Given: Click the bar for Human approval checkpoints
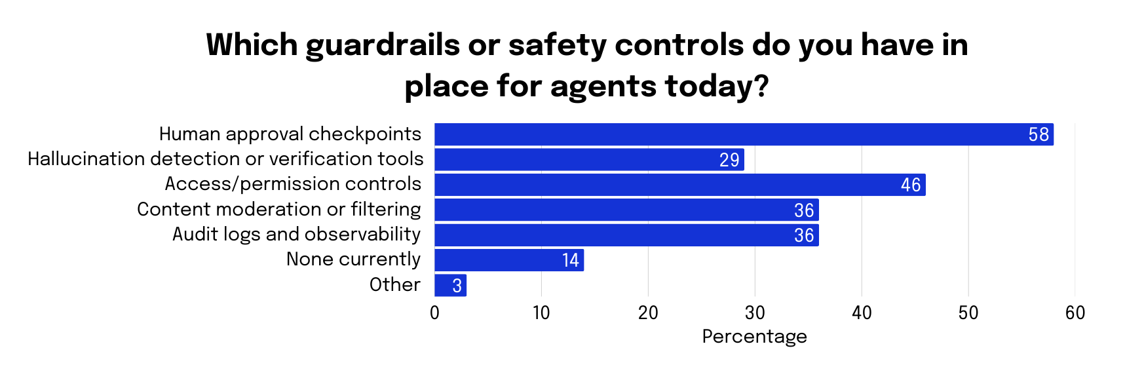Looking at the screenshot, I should (744, 134).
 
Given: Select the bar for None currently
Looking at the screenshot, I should (509, 260).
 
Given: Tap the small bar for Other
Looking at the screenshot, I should (450, 286).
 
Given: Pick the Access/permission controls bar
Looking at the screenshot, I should (679, 185).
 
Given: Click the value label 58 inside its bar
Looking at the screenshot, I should (1039, 135).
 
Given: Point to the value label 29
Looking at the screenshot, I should (729, 160).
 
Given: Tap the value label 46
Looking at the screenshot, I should (911, 185).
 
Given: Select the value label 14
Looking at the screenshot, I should (570, 261).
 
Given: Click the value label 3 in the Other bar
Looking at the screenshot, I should (457, 286).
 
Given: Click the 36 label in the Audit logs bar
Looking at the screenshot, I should (804, 235).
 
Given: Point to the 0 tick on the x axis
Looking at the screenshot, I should (434, 313).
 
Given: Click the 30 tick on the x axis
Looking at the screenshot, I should (755, 313).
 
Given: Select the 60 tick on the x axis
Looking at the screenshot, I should (1075, 313).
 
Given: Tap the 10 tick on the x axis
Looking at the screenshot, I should (541, 313).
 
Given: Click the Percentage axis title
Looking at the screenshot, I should (754, 336).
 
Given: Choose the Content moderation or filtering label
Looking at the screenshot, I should (279, 210).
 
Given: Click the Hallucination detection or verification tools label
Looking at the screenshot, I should (225, 159).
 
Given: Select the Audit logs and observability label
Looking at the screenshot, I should (296, 235).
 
